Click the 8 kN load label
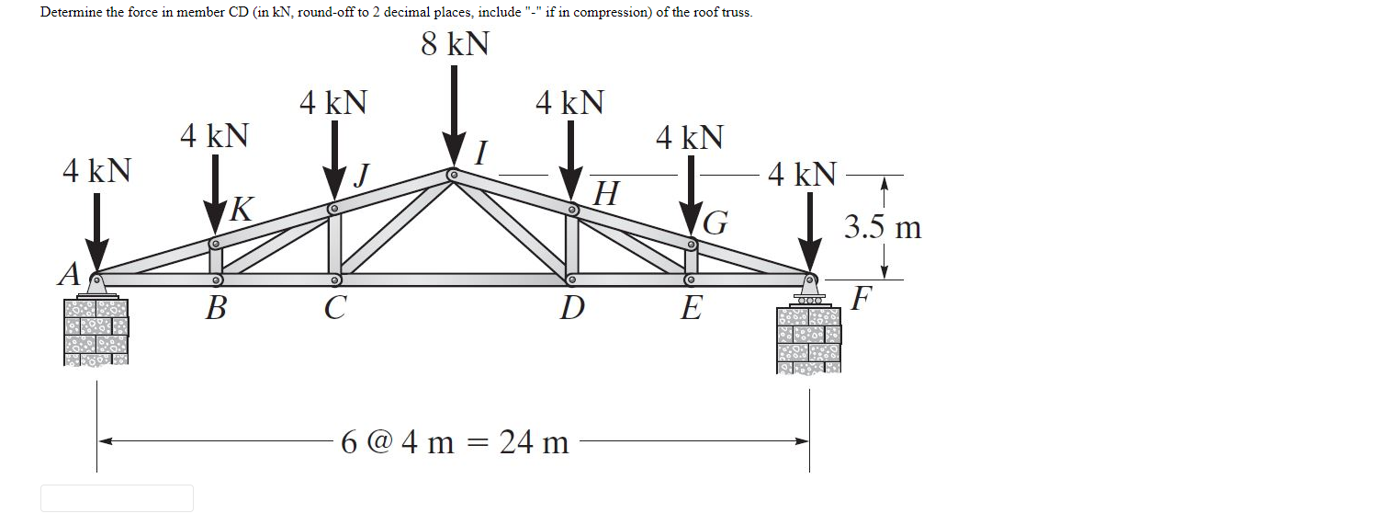tap(455, 44)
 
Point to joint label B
tap(215, 307)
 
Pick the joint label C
tap(335, 307)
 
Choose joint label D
tap(571, 308)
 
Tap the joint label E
tap(691, 308)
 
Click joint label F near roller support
tap(861, 298)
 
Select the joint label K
tap(240, 210)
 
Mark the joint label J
tap(363, 174)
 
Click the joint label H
tap(605, 194)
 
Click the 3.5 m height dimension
tap(883, 227)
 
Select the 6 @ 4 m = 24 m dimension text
tap(455, 443)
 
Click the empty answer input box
tap(117, 498)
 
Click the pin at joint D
tap(570, 279)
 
